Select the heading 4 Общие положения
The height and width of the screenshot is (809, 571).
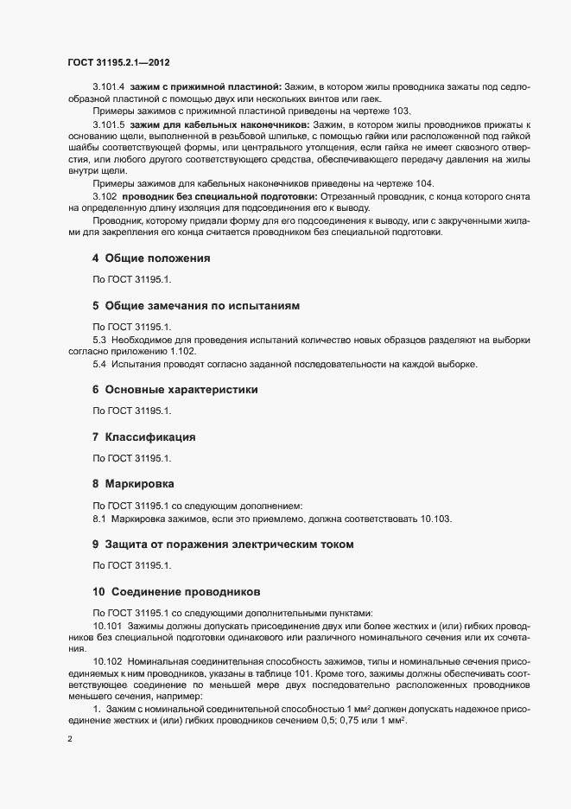[x=151, y=258]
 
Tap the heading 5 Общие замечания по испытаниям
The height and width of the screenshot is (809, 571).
[x=197, y=306]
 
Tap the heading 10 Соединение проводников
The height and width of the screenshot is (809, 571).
[x=176, y=591]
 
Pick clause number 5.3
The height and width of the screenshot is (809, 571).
[x=98, y=340]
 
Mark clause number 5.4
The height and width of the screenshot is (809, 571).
[x=98, y=364]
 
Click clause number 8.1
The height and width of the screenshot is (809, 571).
[x=98, y=518]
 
